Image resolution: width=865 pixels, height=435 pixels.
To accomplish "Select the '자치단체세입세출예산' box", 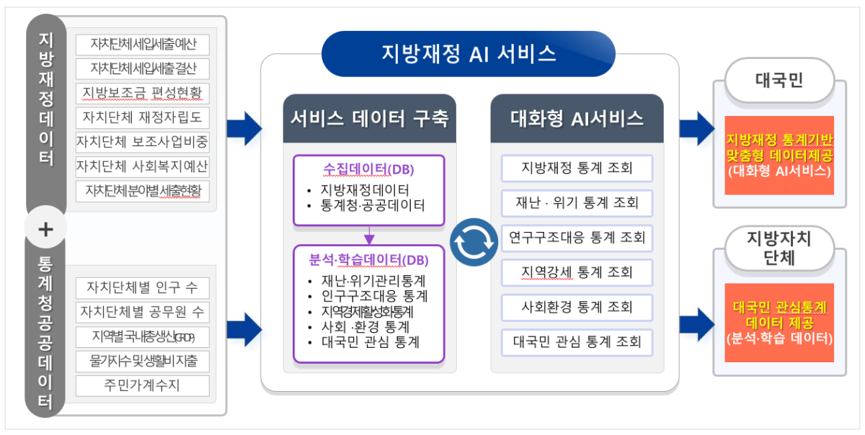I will click(x=143, y=45).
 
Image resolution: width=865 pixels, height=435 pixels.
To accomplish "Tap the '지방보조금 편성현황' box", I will click(x=143, y=93).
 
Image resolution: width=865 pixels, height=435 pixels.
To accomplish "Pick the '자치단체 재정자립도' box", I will click(x=143, y=117).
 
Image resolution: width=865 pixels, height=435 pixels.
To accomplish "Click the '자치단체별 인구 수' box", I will click(x=143, y=288).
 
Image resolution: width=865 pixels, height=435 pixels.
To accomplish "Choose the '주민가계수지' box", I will click(x=143, y=385).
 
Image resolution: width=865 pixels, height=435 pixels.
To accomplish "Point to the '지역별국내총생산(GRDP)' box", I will click(x=143, y=336).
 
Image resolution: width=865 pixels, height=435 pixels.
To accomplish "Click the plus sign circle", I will click(x=45, y=229).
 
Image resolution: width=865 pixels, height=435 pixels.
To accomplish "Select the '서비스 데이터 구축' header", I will click(x=369, y=118).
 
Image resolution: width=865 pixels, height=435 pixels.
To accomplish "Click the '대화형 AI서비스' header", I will click(x=577, y=118).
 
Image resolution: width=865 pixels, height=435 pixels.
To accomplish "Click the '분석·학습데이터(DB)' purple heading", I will click(x=368, y=260).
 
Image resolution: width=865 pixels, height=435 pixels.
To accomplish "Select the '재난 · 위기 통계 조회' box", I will click(x=577, y=203).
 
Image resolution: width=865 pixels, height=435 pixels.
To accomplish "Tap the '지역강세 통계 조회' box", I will click(x=577, y=273).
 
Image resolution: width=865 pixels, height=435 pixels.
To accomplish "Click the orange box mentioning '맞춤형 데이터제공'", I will click(x=779, y=155).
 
